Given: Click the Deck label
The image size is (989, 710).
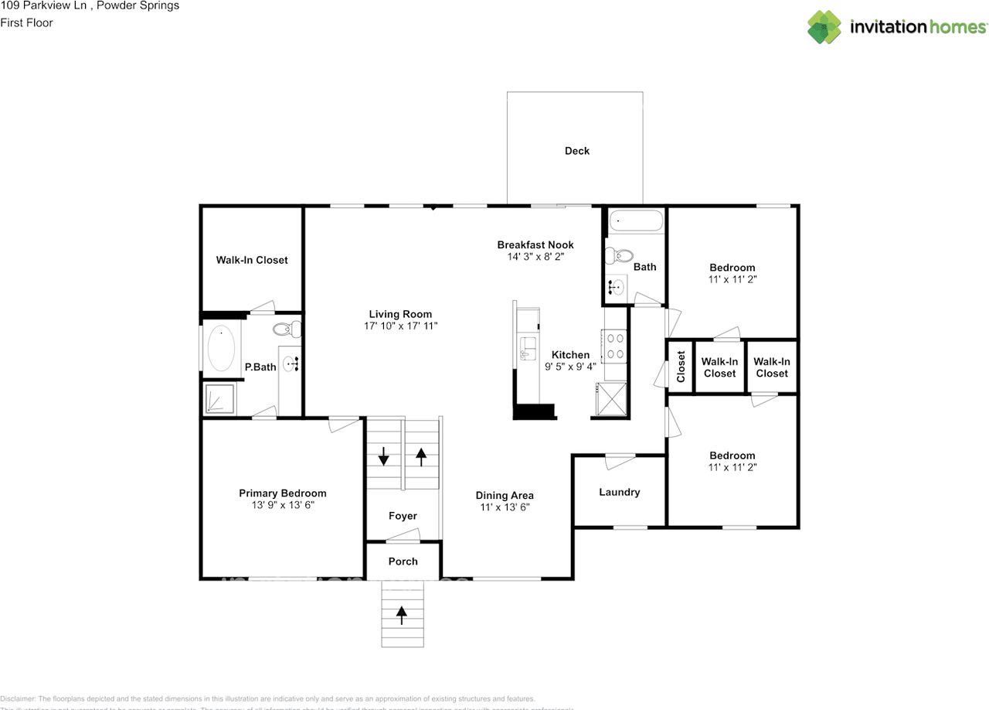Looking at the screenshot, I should (x=576, y=151).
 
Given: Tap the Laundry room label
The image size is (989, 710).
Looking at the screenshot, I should (x=619, y=492).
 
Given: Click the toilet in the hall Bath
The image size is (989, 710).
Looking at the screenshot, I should (x=620, y=254).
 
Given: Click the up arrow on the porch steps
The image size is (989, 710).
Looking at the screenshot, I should (x=402, y=615).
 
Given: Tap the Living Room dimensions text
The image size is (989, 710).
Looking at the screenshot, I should (x=400, y=326).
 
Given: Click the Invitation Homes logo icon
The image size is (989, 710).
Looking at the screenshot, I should (x=824, y=27).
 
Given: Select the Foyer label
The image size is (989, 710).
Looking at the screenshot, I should (x=403, y=516).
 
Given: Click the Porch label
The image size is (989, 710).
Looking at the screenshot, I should (x=403, y=562).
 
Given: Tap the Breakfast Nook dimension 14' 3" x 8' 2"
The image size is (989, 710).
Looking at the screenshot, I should (x=535, y=257).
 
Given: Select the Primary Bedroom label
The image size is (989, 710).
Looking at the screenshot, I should (x=282, y=493).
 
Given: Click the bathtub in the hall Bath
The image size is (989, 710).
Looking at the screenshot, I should (x=635, y=223).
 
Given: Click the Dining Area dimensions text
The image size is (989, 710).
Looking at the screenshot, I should (x=504, y=507).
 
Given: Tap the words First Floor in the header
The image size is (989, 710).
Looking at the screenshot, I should (x=27, y=22).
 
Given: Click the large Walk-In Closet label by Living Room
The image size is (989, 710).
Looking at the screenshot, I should (x=251, y=260).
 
